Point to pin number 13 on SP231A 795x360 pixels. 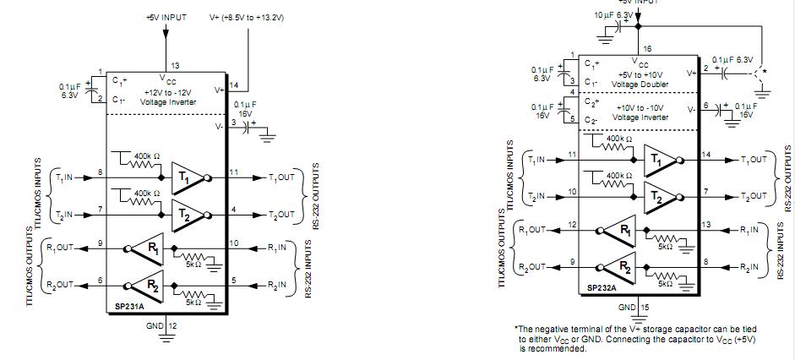176,65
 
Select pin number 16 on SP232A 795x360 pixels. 648,50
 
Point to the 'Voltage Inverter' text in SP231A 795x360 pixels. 168,101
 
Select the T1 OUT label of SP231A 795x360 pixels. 281,178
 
